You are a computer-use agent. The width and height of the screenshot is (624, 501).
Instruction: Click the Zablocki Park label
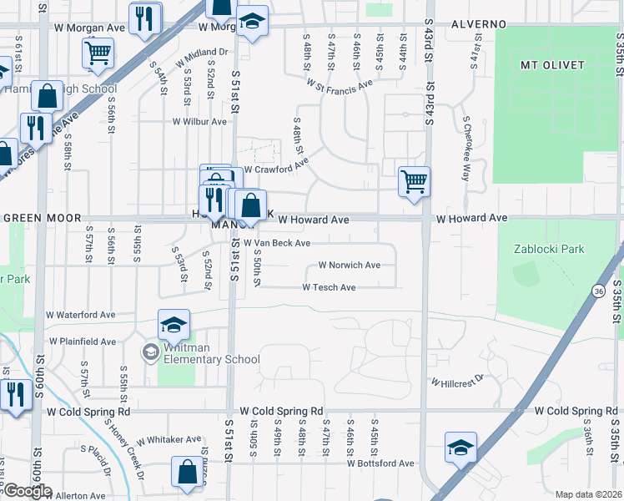point(546,249)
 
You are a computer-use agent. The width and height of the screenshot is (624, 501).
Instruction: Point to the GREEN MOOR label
point(35,218)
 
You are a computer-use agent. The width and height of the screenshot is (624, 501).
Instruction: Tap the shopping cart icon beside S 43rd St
point(414,181)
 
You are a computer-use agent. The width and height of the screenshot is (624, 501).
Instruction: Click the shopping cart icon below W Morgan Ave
point(98,53)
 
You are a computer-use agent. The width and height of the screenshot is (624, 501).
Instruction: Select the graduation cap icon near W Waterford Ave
point(174,324)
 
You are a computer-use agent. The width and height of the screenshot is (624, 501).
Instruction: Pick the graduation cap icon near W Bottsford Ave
point(460,448)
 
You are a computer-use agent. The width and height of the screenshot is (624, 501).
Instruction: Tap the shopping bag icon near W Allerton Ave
point(188,471)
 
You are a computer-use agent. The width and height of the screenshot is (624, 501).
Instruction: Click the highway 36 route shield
point(600,291)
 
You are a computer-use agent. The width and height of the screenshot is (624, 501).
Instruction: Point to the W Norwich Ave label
point(350,266)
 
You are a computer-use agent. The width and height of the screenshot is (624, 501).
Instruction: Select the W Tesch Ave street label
point(329,287)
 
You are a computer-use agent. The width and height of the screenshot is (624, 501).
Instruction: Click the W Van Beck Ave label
point(277,243)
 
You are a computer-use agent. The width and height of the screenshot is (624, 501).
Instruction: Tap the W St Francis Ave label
point(340,86)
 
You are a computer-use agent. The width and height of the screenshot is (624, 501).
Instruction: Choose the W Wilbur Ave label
point(199,122)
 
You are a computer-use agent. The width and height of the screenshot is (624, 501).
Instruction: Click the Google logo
point(27,492)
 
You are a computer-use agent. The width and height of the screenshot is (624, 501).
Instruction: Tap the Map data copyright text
point(589,494)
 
